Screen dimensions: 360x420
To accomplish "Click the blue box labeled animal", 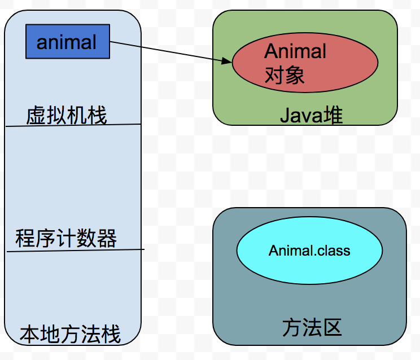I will tap(67, 41).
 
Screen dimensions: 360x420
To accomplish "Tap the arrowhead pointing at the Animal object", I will tap(228, 60).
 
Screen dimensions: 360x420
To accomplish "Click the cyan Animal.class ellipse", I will tap(309, 250).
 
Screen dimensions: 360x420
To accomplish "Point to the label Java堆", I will tap(312, 116).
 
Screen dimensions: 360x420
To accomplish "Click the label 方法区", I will tap(312, 327).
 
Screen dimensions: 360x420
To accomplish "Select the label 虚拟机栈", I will tap(67, 116).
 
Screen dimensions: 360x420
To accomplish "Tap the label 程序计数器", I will tap(66, 239).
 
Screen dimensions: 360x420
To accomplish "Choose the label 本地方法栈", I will tap(71, 334).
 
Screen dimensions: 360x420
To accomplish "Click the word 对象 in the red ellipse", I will tap(285, 75).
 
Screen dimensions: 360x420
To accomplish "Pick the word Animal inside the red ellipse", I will tap(295, 51).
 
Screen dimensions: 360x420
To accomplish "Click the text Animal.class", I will tap(309, 250).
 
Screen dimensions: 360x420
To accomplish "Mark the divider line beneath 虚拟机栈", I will tap(73, 125).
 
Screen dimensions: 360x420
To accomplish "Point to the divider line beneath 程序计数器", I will tap(76, 251).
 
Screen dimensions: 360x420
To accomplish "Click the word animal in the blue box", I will tap(67, 42).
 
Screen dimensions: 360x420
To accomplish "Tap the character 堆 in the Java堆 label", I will tap(333, 116).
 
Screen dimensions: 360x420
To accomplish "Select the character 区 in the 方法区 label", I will tap(332, 327).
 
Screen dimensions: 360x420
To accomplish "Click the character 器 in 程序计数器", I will tap(107, 239).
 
